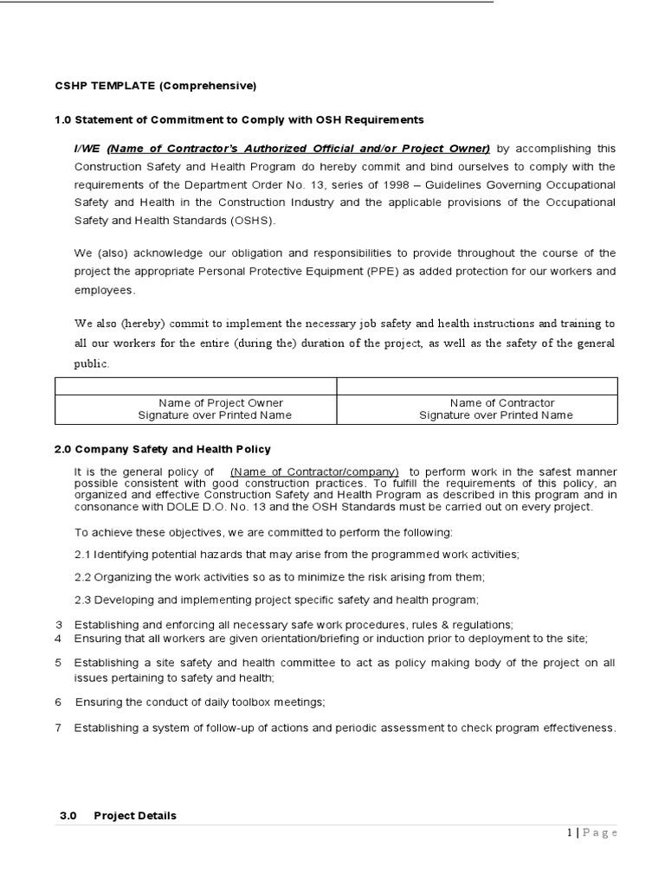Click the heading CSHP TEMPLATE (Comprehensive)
coord(155,86)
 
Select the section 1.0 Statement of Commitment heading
coord(239,119)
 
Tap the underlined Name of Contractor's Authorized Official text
coord(299,148)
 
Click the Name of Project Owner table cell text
coord(221,402)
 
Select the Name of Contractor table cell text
coord(502,402)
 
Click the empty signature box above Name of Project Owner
coord(195,386)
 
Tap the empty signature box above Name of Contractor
coord(477,386)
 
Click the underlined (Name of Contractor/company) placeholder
coord(315,471)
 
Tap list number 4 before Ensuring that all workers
coord(58,639)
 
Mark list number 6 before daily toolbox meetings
coord(58,702)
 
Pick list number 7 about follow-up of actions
coord(58,728)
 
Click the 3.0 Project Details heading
coord(118,815)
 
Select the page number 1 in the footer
coord(569,832)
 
